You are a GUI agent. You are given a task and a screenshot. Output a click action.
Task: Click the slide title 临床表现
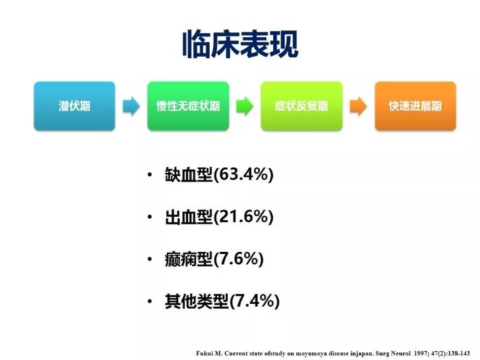pyautogui.click(x=240, y=45)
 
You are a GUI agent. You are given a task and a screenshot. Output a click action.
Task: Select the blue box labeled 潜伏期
pyautogui.click(x=74, y=106)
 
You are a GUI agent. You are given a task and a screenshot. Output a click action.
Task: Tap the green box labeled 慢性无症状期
pyautogui.click(x=188, y=106)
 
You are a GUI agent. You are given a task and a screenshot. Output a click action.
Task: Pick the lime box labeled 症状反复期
pyautogui.click(x=302, y=106)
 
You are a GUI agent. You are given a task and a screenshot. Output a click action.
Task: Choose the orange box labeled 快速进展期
pyautogui.click(x=415, y=106)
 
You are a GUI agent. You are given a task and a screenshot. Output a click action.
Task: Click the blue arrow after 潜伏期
pyautogui.click(x=131, y=107)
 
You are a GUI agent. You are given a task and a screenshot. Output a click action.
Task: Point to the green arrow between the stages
pyautogui.click(x=245, y=107)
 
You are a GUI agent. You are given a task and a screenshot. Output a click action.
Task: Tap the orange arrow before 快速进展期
pyautogui.click(x=358, y=107)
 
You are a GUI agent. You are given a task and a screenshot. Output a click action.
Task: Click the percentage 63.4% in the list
pyautogui.click(x=243, y=174)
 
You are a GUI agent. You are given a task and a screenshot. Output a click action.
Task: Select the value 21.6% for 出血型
pyautogui.click(x=243, y=217)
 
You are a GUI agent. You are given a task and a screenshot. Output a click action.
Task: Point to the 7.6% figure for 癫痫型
pyautogui.click(x=239, y=259)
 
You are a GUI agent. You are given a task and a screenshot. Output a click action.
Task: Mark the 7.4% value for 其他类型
pyautogui.click(x=255, y=301)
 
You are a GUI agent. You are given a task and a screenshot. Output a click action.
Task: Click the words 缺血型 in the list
pyautogui.click(x=189, y=175)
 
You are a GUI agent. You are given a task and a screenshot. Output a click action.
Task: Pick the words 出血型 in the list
pyautogui.click(x=189, y=217)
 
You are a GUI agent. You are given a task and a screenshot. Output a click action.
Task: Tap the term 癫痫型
pyautogui.click(x=189, y=259)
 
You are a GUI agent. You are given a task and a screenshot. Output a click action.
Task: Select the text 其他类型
pyautogui.click(x=197, y=301)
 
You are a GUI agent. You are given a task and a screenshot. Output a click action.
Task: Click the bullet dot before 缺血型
pyautogui.click(x=149, y=175)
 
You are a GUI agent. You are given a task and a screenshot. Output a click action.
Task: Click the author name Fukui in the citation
pyautogui.click(x=204, y=353)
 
